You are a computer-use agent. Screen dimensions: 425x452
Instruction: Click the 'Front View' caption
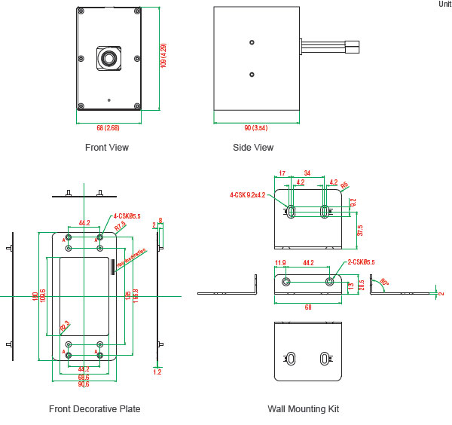coord(107,148)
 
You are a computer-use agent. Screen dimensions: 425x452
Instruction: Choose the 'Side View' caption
coord(253,148)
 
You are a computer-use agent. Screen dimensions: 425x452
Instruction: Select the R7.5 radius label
coord(120,226)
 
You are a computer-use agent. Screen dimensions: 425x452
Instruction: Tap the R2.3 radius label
coord(64,326)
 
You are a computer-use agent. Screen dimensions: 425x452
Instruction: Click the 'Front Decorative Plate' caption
coord(94,409)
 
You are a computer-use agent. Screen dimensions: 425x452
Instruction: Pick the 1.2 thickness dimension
coord(157,371)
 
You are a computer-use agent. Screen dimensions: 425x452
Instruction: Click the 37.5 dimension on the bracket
coord(360,229)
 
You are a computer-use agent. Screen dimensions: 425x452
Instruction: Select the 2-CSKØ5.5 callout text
coord(361,262)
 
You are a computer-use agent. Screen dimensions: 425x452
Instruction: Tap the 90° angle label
coord(385,282)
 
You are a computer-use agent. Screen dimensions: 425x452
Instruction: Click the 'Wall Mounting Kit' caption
coord(303,409)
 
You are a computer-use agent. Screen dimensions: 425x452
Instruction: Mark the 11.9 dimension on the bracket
coord(281,263)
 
